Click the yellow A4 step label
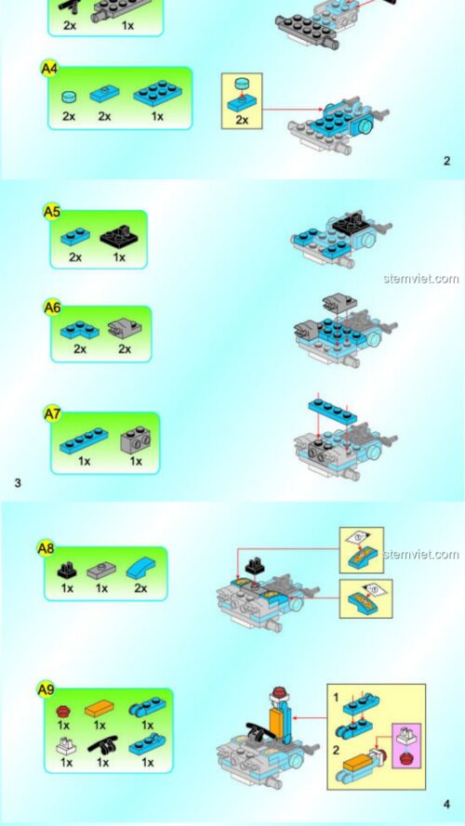point(49,68)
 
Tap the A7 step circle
point(52,413)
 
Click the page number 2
point(446,161)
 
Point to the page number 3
point(18,482)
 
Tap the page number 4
point(446,805)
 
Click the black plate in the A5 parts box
point(119,237)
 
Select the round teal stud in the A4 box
point(68,96)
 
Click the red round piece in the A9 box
point(64,711)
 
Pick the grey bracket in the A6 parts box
point(121,328)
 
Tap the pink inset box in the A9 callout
point(405,743)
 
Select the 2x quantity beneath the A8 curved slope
point(141,588)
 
